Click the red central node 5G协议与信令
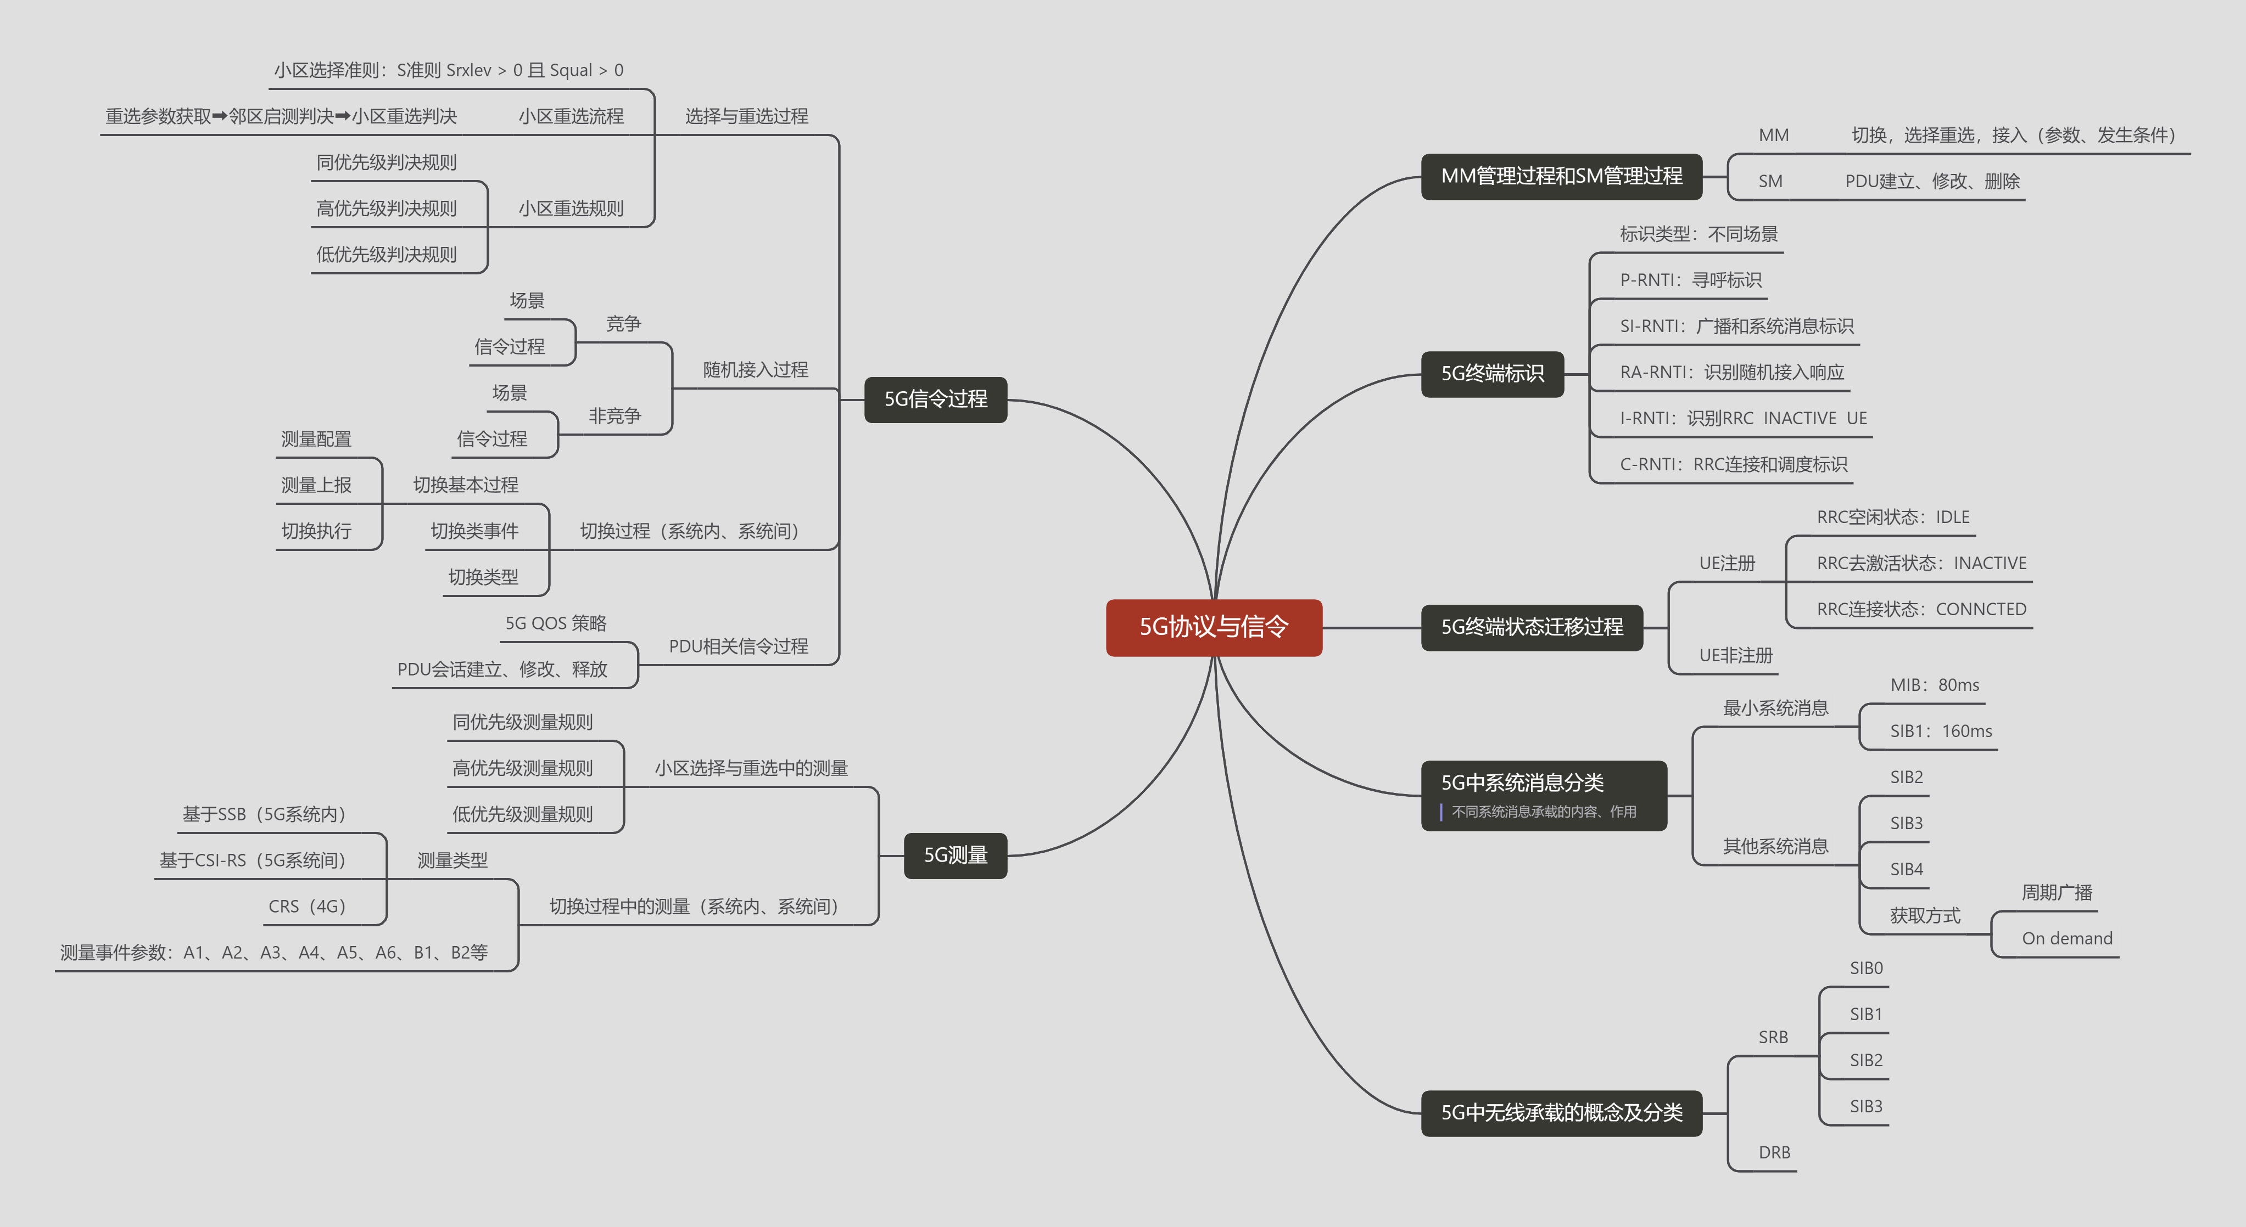tap(1213, 627)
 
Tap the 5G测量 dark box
tap(955, 855)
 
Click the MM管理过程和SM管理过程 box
tap(1561, 176)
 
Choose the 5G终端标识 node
tap(1492, 373)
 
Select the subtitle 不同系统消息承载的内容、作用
tap(1543, 811)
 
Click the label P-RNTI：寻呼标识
tap(1690, 280)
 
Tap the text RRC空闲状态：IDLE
tap(1892, 517)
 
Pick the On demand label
tap(2066, 938)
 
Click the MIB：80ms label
tap(1934, 685)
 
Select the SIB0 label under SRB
tap(1866, 968)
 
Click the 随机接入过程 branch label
tap(755, 369)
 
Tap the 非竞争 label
tap(614, 416)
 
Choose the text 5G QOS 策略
tap(555, 623)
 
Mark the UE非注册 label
tap(1735, 655)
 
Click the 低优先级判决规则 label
tap(386, 255)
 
